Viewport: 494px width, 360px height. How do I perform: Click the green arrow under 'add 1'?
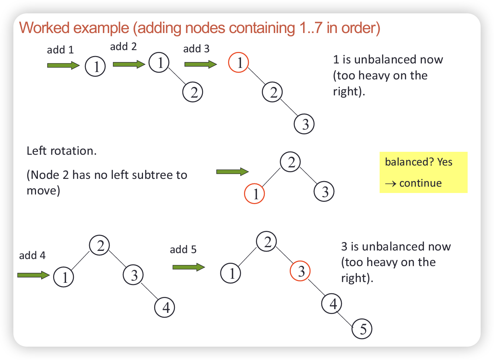point(63,66)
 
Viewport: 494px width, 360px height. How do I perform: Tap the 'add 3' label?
point(196,49)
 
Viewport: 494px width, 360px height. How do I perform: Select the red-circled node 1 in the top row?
point(238,62)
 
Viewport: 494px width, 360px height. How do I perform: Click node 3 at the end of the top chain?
point(304,124)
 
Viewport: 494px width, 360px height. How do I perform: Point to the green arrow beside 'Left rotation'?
point(232,171)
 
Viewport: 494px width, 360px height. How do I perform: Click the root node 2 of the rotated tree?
point(290,162)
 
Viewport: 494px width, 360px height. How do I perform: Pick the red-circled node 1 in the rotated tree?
point(254,194)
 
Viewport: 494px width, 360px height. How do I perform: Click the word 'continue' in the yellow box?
point(420,183)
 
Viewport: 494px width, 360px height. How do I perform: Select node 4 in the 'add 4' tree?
point(165,307)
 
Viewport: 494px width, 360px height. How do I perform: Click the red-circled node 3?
point(300,271)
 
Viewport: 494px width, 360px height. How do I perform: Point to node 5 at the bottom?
point(362,329)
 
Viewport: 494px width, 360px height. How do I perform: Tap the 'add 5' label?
point(183,249)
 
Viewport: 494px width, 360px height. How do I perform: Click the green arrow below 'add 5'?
point(188,267)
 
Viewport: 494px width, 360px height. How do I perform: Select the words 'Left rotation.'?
point(62,151)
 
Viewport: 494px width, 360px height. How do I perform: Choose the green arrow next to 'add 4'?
point(33,275)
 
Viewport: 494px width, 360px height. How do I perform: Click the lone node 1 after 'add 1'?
point(95,66)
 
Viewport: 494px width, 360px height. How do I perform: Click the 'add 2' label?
point(123,47)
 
